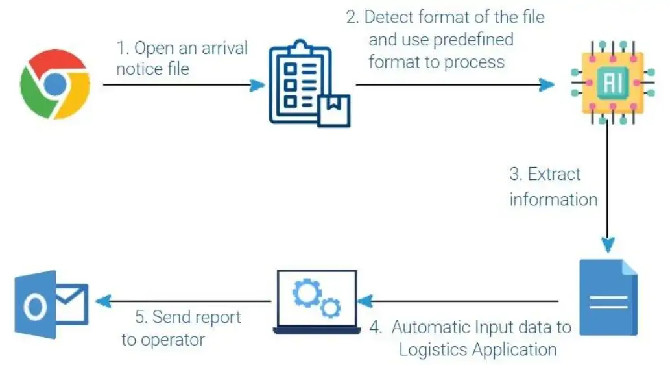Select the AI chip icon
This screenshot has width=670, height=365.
(x=607, y=82)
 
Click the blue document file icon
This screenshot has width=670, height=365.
(x=608, y=297)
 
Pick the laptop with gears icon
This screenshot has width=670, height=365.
(x=317, y=301)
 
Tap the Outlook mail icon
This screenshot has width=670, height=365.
(x=49, y=301)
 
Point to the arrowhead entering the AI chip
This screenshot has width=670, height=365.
(x=547, y=84)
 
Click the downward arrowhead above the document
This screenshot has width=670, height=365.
(x=607, y=245)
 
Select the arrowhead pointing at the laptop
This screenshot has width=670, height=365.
(x=366, y=301)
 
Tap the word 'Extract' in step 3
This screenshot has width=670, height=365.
(x=554, y=174)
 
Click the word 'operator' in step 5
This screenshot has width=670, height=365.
(x=173, y=339)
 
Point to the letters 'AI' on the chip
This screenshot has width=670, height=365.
(x=607, y=82)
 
